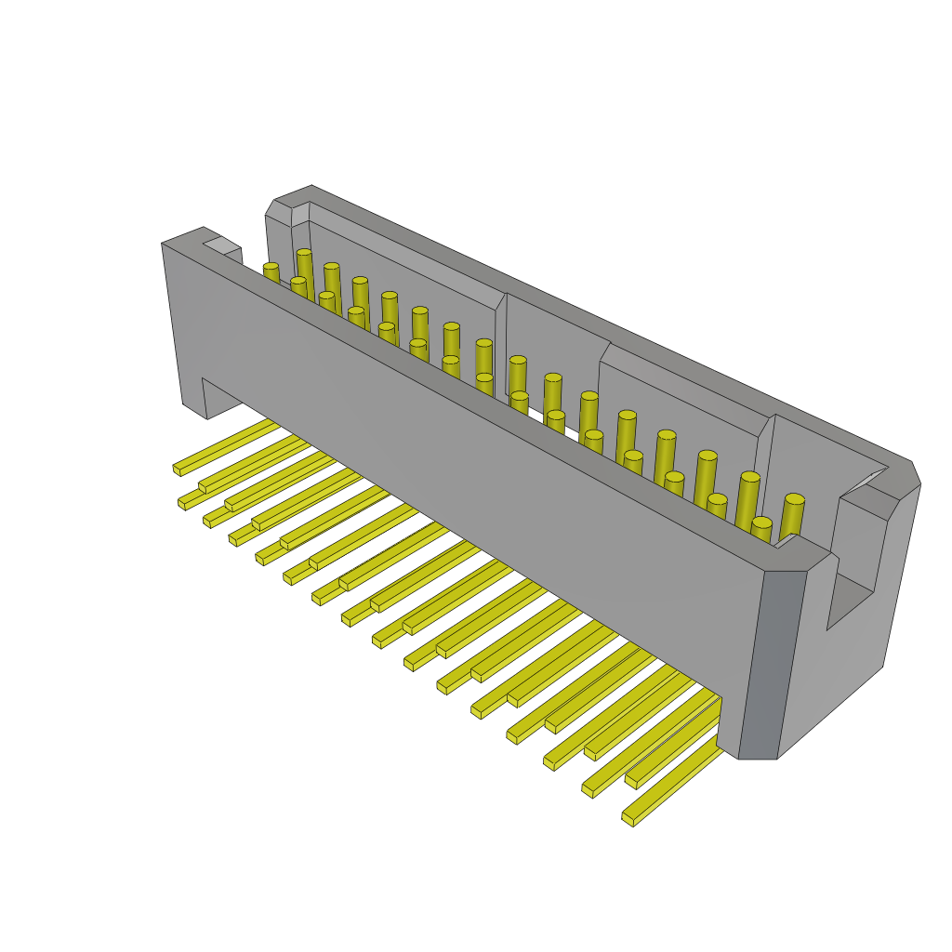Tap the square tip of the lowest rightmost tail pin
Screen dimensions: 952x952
628,819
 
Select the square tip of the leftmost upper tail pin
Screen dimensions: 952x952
177,469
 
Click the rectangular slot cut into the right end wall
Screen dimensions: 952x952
851,595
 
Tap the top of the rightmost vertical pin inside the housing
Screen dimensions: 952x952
794,500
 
